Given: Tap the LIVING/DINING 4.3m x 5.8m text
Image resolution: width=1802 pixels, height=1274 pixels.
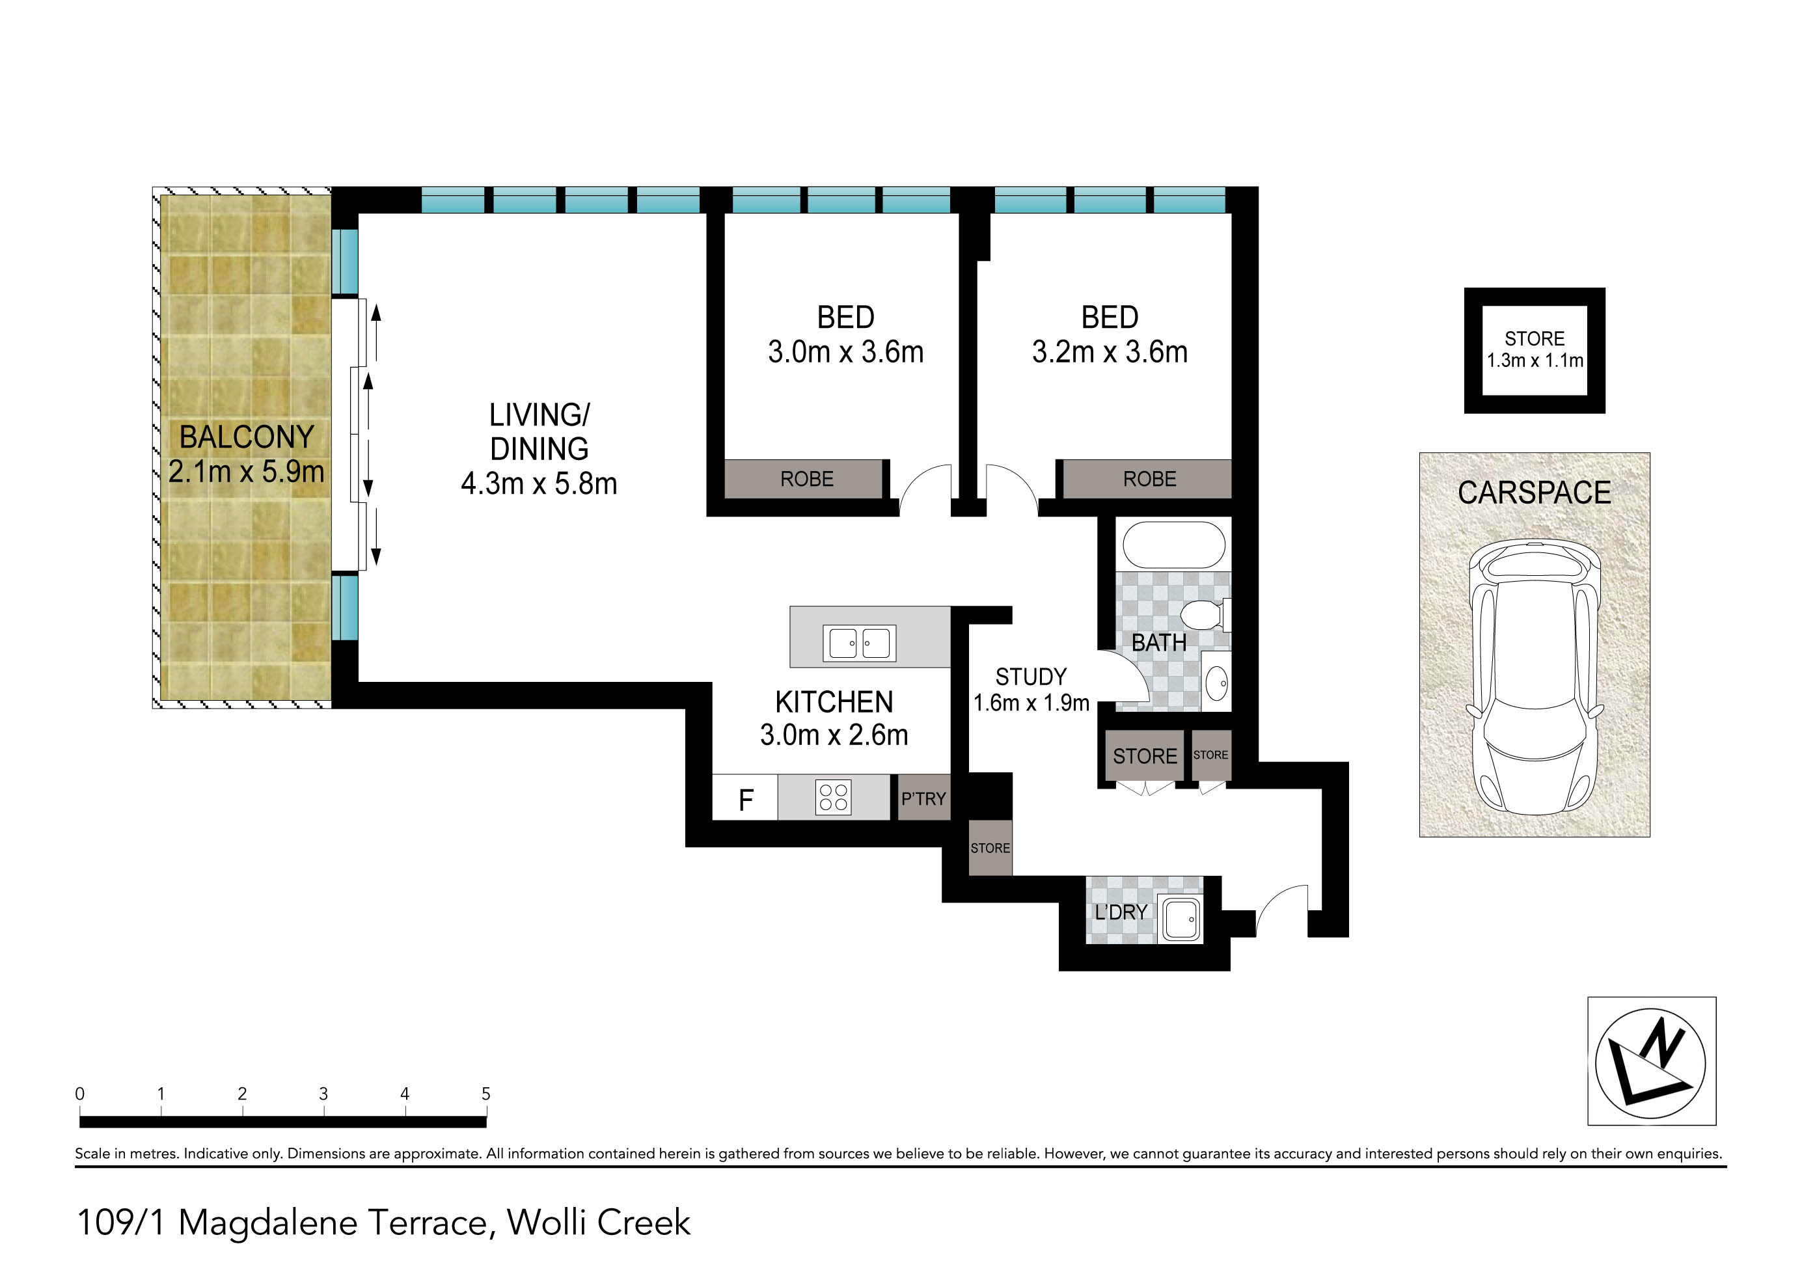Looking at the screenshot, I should click(x=539, y=449).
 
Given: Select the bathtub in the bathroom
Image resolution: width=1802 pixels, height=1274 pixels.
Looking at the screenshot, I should click(x=1173, y=545).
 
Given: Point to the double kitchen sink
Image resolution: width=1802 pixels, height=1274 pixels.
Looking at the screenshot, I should click(x=860, y=644).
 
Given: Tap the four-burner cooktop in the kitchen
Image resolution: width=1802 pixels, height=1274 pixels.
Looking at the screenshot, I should click(x=833, y=797).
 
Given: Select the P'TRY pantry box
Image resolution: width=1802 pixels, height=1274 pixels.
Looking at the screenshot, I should click(x=923, y=798).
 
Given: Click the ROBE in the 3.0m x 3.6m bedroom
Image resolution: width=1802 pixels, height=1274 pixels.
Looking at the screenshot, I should click(x=806, y=478).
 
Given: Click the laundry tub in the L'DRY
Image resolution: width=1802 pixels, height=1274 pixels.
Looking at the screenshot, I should click(x=1181, y=919).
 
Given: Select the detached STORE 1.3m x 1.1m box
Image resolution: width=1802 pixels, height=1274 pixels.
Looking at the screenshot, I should click(x=1534, y=350).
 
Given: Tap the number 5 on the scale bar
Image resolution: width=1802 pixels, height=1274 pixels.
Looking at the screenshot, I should click(x=486, y=1094).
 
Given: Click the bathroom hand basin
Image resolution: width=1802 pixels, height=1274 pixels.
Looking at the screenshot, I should click(x=1216, y=683).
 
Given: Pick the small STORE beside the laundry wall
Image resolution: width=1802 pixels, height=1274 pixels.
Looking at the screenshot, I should click(x=990, y=848).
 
